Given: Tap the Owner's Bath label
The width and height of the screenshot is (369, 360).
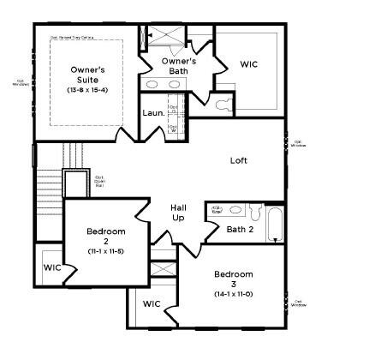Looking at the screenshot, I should click(x=179, y=65).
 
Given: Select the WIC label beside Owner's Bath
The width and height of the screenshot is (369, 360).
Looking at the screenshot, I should click(x=249, y=64).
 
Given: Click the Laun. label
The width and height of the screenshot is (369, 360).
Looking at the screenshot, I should click(x=153, y=112).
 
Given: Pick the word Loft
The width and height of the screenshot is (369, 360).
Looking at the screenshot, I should click(x=239, y=160).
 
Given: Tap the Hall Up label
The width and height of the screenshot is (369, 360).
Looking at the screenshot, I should click(x=178, y=213).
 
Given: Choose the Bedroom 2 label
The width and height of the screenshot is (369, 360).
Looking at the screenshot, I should click(x=106, y=237).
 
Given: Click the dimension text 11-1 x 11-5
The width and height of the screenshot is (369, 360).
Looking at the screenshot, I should click(x=106, y=251).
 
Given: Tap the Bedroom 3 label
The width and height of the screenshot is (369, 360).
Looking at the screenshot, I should click(x=234, y=279).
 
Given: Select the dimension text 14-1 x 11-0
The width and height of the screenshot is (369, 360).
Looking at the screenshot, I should click(x=234, y=294).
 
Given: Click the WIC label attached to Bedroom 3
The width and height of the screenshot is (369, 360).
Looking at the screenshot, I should click(x=152, y=303).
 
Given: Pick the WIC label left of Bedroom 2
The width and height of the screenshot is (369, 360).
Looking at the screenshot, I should click(x=52, y=267).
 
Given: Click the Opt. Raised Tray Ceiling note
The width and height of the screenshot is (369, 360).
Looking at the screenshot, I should click(x=74, y=37).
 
